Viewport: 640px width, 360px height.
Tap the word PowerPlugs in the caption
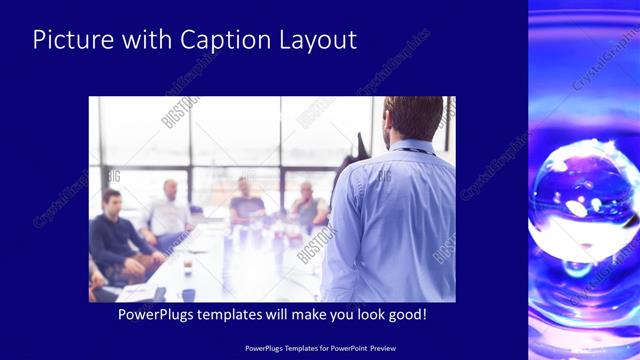pos(160,315)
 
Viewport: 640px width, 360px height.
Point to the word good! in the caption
pos(405,315)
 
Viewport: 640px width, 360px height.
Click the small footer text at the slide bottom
pos(319,348)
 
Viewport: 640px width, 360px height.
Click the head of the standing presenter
pos(412,118)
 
